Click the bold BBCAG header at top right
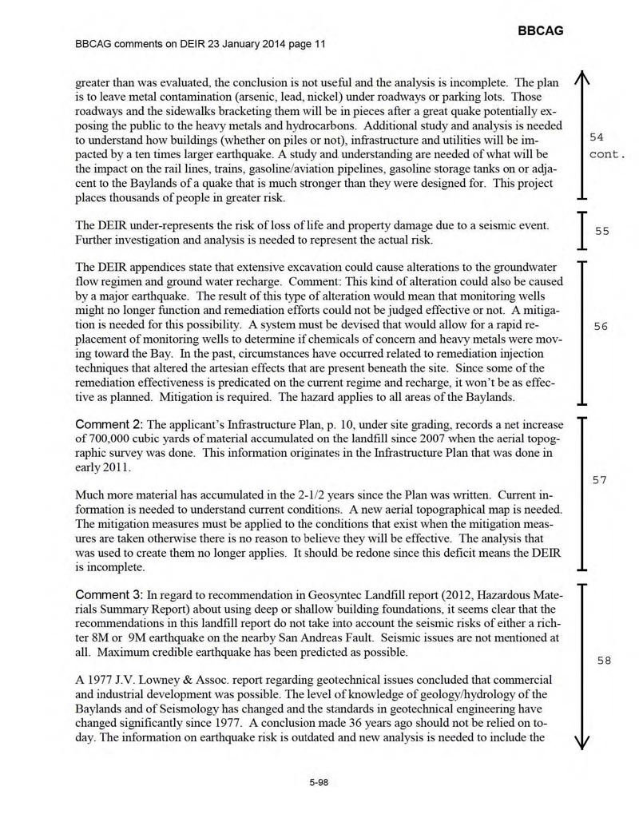point(541,30)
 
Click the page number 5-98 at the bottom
point(319,782)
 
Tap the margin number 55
point(601,231)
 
